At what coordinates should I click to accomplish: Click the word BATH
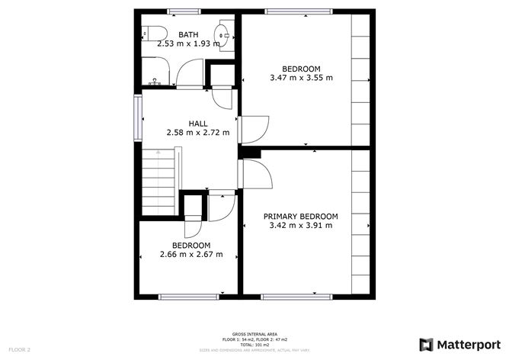click(x=188, y=35)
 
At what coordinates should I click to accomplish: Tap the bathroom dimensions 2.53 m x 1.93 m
click(x=188, y=43)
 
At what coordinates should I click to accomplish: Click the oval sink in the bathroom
click(x=223, y=33)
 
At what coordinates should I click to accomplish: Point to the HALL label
click(x=198, y=123)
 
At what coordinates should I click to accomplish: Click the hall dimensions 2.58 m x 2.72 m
click(x=198, y=132)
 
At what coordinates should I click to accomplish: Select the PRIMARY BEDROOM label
click(x=300, y=217)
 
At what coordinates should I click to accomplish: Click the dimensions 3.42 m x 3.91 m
click(x=300, y=226)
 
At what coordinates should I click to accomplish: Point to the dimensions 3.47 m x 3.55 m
click(x=301, y=77)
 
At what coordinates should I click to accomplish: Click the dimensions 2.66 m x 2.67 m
click(x=190, y=254)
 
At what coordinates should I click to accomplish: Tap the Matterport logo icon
click(x=427, y=343)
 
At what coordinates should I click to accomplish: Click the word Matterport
click(x=467, y=343)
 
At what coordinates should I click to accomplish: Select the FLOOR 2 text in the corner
click(x=18, y=349)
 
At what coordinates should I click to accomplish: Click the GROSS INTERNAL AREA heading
click(x=254, y=333)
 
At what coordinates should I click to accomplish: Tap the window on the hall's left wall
click(x=138, y=118)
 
